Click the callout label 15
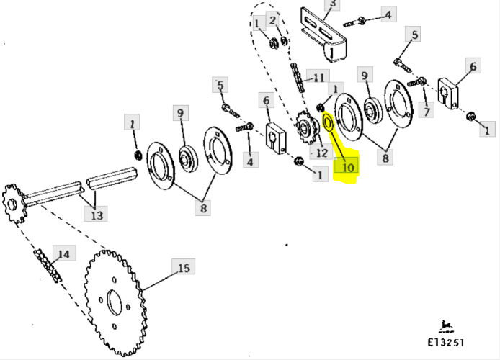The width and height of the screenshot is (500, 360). click(183, 266)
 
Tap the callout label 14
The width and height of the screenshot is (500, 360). click(64, 253)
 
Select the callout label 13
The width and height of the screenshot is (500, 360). click(96, 214)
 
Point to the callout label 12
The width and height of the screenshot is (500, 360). click(321, 152)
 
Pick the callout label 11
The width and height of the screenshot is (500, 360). click(318, 78)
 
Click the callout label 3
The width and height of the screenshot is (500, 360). click(332, 4)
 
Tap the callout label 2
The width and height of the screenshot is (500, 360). click(272, 20)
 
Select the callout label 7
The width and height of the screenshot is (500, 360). click(427, 111)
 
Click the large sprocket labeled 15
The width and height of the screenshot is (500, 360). click(115, 303)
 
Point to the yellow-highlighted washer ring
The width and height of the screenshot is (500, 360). click(329, 122)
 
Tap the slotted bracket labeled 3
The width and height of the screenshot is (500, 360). click(323, 35)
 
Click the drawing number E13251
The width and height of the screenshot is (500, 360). click(445, 343)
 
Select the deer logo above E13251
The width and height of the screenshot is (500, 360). click(446, 326)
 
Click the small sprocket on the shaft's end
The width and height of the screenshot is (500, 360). click(14, 204)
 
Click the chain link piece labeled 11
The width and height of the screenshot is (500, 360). click(298, 78)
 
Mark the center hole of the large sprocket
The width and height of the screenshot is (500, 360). click(114, 302)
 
